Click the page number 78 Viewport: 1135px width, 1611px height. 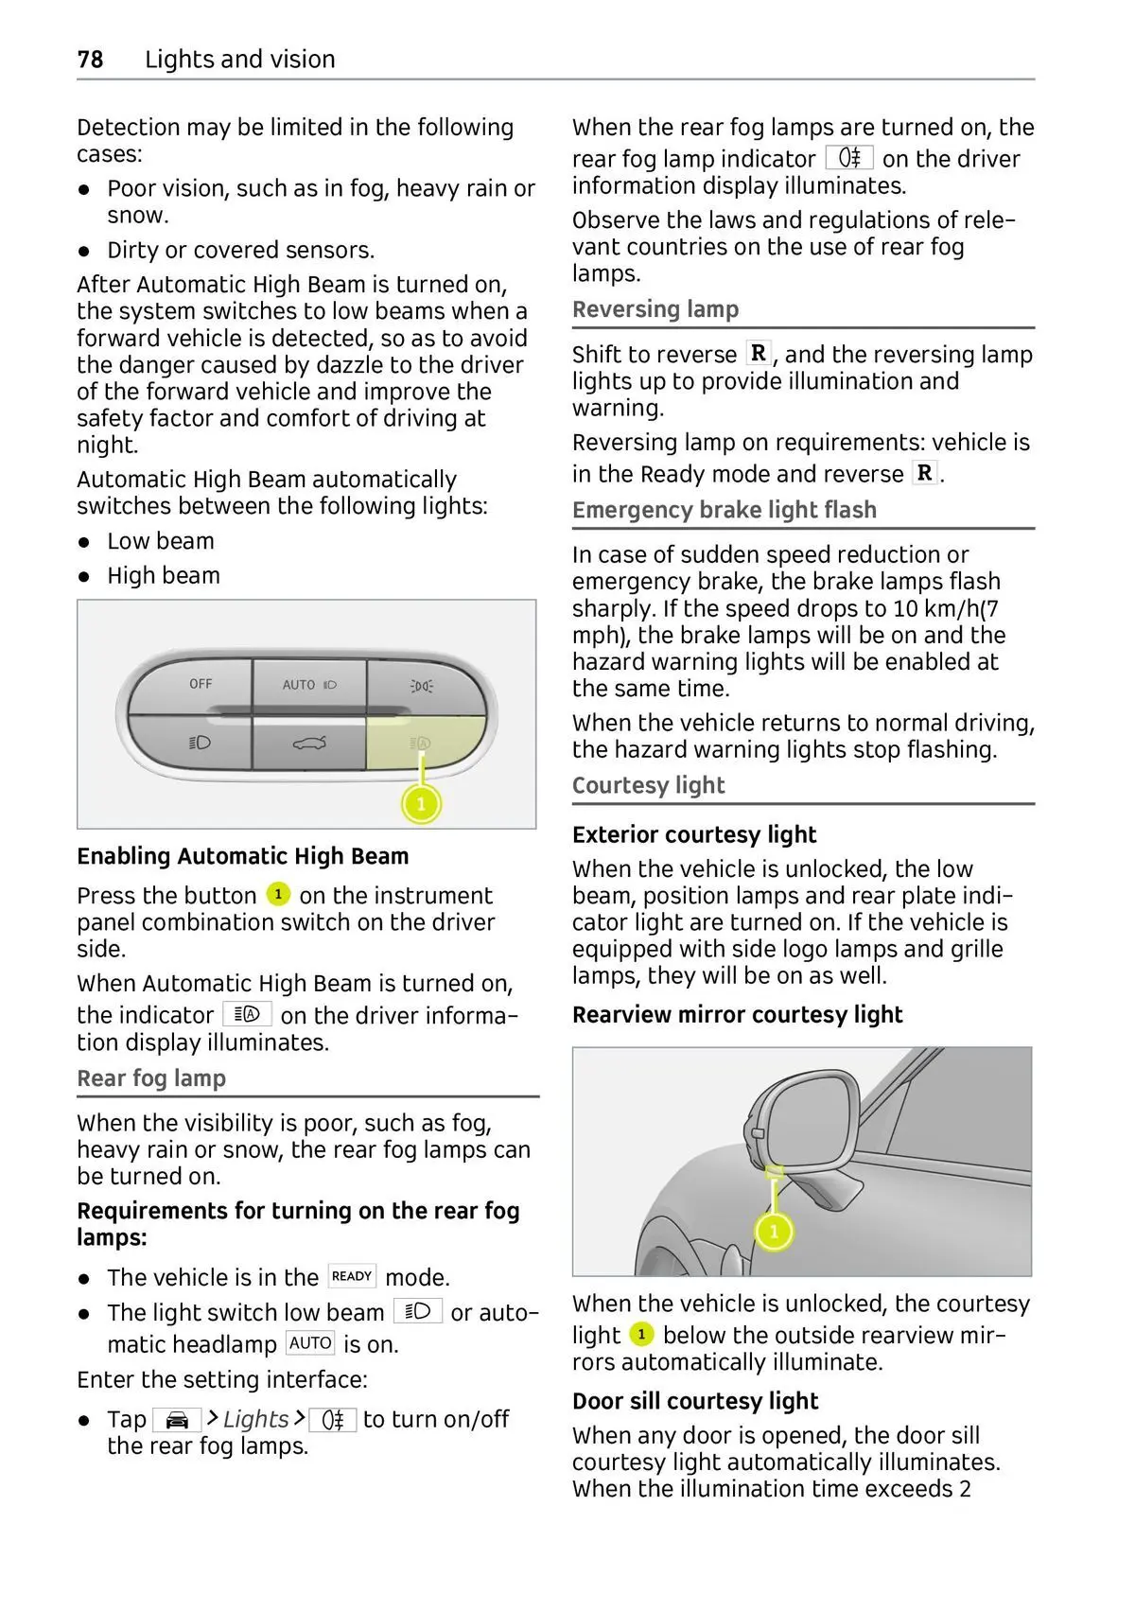(90, 60)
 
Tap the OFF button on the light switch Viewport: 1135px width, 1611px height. (200, 685)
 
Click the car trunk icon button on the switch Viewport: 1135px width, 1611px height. (309, 744)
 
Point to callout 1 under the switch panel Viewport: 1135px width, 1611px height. (421, 805)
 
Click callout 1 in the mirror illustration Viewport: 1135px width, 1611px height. (774, 1231)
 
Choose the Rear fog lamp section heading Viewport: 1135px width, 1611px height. (151, 1078)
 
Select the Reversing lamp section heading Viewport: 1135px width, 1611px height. (655, 309)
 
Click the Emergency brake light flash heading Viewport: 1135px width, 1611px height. (724, 510)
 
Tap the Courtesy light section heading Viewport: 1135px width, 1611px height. (648, 785)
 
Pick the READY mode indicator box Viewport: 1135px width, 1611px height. (352, 1276)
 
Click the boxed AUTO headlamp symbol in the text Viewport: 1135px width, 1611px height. (310, 1343)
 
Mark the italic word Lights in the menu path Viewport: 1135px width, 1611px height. (255, 1419)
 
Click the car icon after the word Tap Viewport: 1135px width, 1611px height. (177, 1420)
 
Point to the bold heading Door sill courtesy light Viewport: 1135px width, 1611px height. (695, 1401)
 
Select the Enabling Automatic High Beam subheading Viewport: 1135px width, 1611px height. (243, 856)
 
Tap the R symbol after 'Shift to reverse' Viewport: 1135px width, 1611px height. (759, 354)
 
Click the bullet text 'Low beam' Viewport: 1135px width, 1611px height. (161, 541)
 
